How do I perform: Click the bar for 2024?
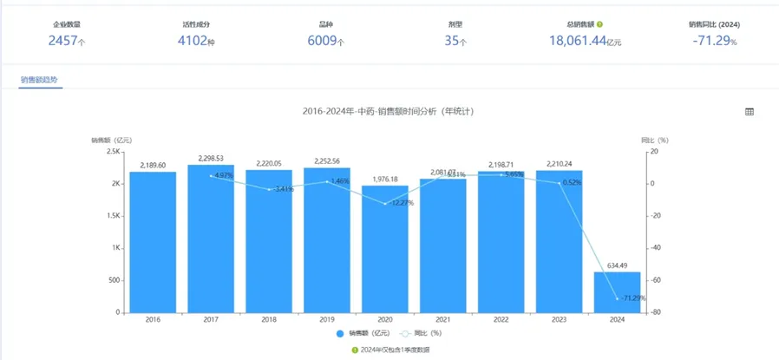tap(616, 291)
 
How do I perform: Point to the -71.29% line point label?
tap(632, 298)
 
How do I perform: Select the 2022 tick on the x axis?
tap(501, 319)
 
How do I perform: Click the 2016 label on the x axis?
tap(153, 319)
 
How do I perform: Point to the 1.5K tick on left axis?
tap(113, 216)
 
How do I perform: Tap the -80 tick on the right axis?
tap(653, 312)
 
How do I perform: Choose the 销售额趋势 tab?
tap(41, 80)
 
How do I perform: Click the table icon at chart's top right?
tap(750, 112)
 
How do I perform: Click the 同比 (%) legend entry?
tap(425, 333)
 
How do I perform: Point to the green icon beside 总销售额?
tap(600, 24)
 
